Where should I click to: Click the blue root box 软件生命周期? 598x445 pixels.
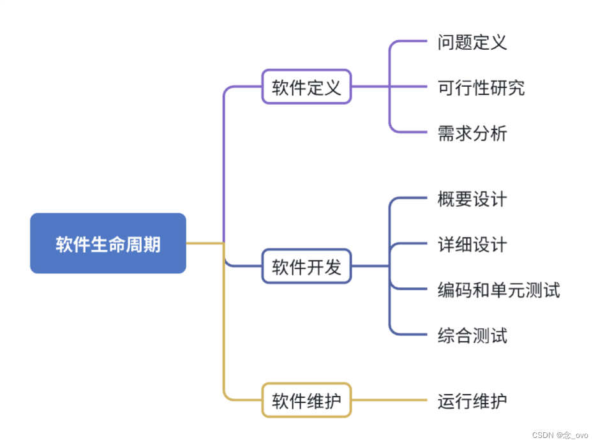point(108,243)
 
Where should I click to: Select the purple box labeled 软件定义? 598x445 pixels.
point(306,87)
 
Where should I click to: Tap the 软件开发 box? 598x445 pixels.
point(306,266)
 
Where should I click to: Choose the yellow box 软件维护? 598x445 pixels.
point(306,400)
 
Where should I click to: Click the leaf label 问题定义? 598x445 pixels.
point(472,42)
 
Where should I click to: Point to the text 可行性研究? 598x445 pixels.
point(481,87)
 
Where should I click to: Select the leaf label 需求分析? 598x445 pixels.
point(472,133)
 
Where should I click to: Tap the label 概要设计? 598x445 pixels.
point(472,199)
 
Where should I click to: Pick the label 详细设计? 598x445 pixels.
point(472,244)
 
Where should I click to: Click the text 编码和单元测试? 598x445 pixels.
point(498,290)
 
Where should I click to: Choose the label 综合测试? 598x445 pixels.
point(472,335)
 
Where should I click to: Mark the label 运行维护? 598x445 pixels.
point(472,401)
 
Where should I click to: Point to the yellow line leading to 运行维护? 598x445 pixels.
point(389,400)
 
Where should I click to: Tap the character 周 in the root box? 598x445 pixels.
point(135,244)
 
